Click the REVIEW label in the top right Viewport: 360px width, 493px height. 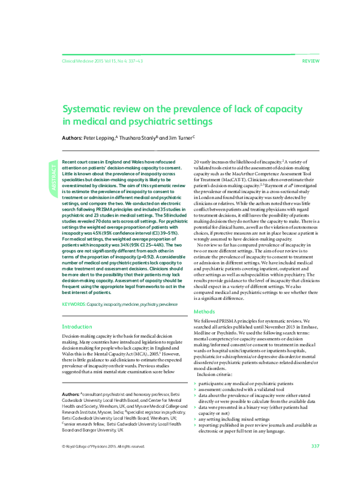(x=310, y=62)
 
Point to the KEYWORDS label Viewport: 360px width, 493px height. (x=74, y=305)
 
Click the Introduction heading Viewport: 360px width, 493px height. (x=77, y=327)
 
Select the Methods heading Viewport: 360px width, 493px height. (x=203, y=311)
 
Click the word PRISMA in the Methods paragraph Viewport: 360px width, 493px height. (x=230, y=321)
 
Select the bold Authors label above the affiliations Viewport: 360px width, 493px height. (x=70, y=393)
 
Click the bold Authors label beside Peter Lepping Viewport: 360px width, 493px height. (x=72, y=137)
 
